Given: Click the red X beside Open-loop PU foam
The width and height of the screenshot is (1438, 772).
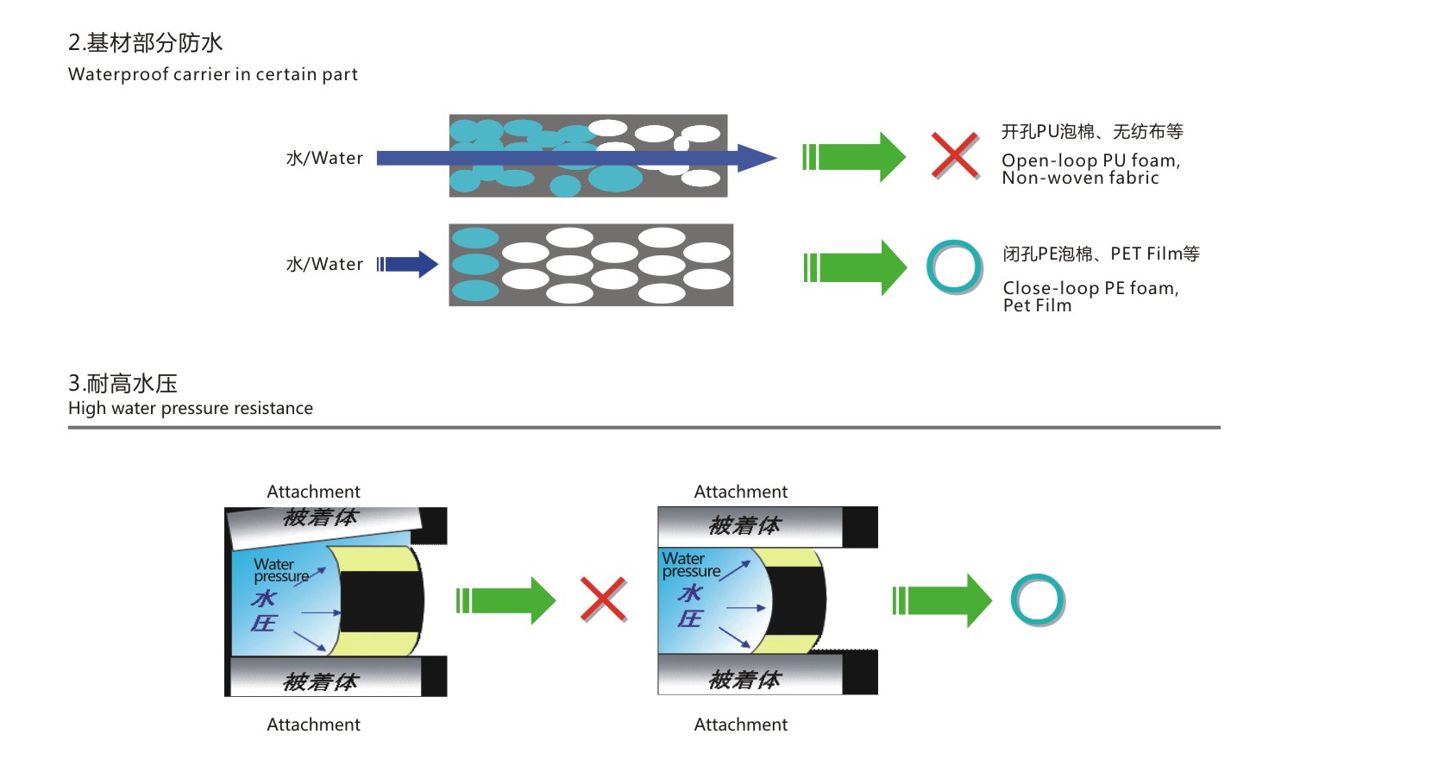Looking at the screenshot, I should click(x=955, y=156).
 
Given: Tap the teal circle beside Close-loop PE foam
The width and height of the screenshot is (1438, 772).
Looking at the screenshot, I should click(x=954, y=267).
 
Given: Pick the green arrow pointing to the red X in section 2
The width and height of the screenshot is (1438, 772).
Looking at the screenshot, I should click(x=854, y=157).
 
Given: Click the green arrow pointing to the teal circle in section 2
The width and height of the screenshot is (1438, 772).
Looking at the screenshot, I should click(x=855, y=267).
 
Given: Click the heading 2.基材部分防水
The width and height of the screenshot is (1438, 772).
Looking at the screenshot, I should click(x=145, y=42).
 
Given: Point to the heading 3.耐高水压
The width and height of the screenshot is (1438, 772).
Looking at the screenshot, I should click(x=122, y=383).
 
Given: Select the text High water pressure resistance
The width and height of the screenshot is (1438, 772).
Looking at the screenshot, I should click(x=191, y=408).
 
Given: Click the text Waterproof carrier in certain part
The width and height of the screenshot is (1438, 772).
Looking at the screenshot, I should click(x=212, y=74).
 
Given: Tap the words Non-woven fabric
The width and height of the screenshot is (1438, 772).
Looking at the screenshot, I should click(x=1080, y=178).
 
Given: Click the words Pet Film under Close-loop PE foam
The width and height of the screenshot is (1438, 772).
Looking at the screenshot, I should click(x=1037, y=305).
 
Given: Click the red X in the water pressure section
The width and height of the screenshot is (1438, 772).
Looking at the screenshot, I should click(x=603, y=599).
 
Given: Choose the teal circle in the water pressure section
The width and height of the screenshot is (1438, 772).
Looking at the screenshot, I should click(x=1038, y=599).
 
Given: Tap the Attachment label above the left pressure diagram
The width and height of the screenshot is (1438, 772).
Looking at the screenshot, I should click(x=313, y=492).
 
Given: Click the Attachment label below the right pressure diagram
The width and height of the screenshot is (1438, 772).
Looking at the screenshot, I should click(x=740, y=725).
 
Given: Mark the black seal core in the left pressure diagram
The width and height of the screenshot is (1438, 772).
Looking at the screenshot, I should click(x=380, y=600).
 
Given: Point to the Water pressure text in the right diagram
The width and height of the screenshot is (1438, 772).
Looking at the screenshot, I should click(x=690, y=565).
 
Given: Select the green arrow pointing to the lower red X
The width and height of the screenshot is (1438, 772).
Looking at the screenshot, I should click(x=505, y=600).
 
